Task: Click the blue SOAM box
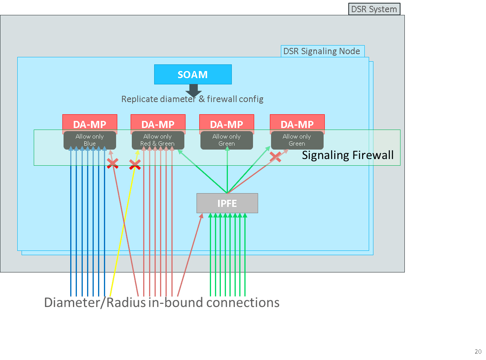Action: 193,74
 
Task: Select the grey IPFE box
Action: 227,203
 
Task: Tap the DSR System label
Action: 374,9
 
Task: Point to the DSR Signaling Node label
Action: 322,51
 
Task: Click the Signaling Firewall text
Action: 348,155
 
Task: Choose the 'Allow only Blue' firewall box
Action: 89,140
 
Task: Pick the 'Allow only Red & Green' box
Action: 158,140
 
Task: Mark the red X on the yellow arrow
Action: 135,165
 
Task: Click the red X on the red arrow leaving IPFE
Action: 275,157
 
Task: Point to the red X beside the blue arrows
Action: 113,163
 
